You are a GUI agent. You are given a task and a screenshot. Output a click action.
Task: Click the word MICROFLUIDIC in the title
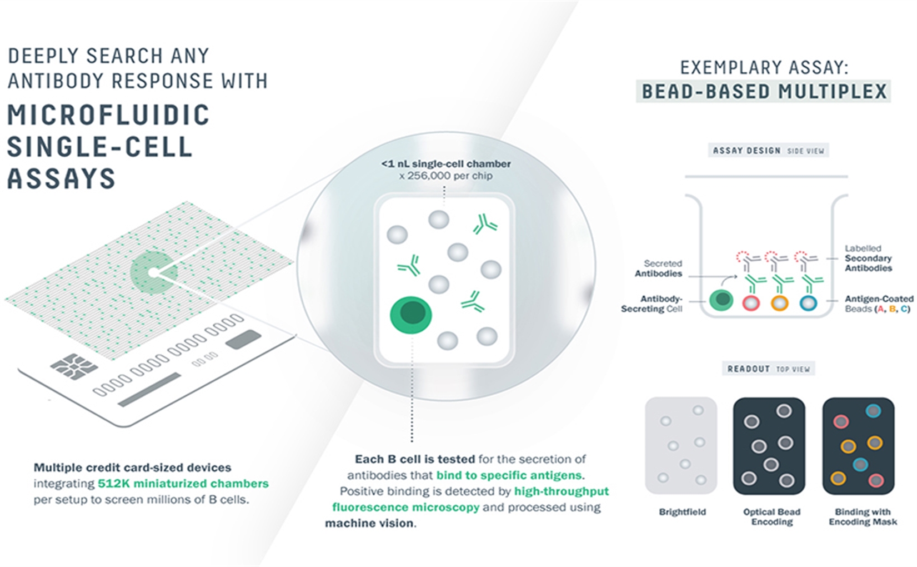pyautogui.click(x=108, y=115)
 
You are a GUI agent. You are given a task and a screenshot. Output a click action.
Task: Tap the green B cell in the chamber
pyautogui.click(x=410, y=315)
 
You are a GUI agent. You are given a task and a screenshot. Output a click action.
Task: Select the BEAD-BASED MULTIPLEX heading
pyautogui.click(x=764, y=91)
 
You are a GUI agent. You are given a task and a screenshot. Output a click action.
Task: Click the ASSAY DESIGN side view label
pyautogui.click(x=768, y=151)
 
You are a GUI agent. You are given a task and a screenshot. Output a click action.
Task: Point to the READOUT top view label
pyautogui.click(x=768, y=369)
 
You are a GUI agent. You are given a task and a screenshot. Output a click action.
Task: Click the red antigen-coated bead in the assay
pyautogui.click(x=751, y=304)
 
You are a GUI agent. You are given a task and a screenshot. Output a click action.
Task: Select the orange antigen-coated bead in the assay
pyautogui.click(x=779, y=304)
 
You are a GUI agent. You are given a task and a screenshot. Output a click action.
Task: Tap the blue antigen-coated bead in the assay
pyautogui.click(x=808, y=304)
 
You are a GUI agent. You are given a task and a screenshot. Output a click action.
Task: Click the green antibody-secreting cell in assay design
pyautogui.click(x=721, y=300)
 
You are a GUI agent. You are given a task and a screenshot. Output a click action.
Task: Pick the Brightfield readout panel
pyautogui.click(x=681, y=445)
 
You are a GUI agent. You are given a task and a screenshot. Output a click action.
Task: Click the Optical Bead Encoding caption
pyautogui.click(x=771, y=517)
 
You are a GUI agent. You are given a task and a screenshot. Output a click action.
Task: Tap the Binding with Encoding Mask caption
pyautogui.click(x=863, y=517)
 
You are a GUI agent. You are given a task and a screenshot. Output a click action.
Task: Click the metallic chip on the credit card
pyautogui.click(x=74, y=366)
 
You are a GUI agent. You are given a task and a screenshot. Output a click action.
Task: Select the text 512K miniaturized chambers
pyautogui.click(x=183, y=484)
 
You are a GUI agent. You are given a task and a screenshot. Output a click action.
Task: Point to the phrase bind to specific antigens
pyautogui.click(x=509, y=475)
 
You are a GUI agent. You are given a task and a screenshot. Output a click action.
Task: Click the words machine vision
pyautogui.click(x=369, y=524)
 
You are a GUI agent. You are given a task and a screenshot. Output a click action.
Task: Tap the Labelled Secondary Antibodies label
pyautogui.click(x=868, y=258)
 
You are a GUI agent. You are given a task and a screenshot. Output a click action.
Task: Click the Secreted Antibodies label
pyautogui.click(x=659, y=268)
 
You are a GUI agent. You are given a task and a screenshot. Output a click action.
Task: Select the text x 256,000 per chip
pyautogui.click(x=446, y=176)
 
